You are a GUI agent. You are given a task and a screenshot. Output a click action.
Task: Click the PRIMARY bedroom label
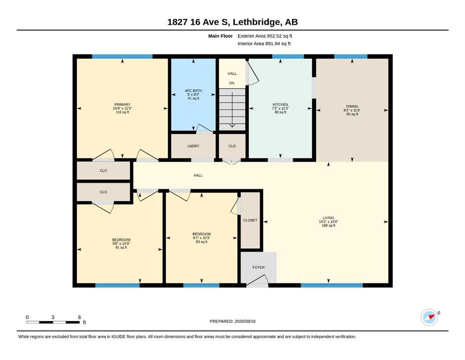pos(122,105)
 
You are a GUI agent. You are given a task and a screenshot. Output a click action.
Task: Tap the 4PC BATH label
pos(193,90)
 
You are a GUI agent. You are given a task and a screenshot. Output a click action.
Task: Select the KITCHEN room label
pos(280,105)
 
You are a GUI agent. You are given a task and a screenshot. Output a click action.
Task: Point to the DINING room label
pos(352,106)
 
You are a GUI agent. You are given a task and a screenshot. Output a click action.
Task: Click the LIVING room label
pos(328,217)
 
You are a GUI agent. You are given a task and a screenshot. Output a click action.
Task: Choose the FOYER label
pos(258,267)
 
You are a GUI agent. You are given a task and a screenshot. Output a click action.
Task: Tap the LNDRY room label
pos(193,146)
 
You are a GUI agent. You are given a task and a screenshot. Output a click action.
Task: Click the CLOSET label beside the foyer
pos(250,220)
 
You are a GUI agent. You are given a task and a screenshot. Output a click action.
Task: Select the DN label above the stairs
pos(232,83)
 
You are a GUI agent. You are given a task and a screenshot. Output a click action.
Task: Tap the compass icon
pos(430,317)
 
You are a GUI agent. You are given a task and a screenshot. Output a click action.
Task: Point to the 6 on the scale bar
pos(80,317)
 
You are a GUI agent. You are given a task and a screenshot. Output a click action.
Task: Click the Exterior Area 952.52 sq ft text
pos(265,36)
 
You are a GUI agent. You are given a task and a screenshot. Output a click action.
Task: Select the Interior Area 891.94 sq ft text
pos(264,44)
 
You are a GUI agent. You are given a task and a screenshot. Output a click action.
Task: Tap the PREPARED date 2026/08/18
pos(245,321)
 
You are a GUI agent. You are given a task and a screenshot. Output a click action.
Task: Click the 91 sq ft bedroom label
pos(121,247)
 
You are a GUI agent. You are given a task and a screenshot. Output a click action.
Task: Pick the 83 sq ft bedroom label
pos(202,241)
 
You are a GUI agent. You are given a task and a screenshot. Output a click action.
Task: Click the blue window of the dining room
pos(351,56)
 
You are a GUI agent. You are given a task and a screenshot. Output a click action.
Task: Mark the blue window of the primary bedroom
pos(122,56)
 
